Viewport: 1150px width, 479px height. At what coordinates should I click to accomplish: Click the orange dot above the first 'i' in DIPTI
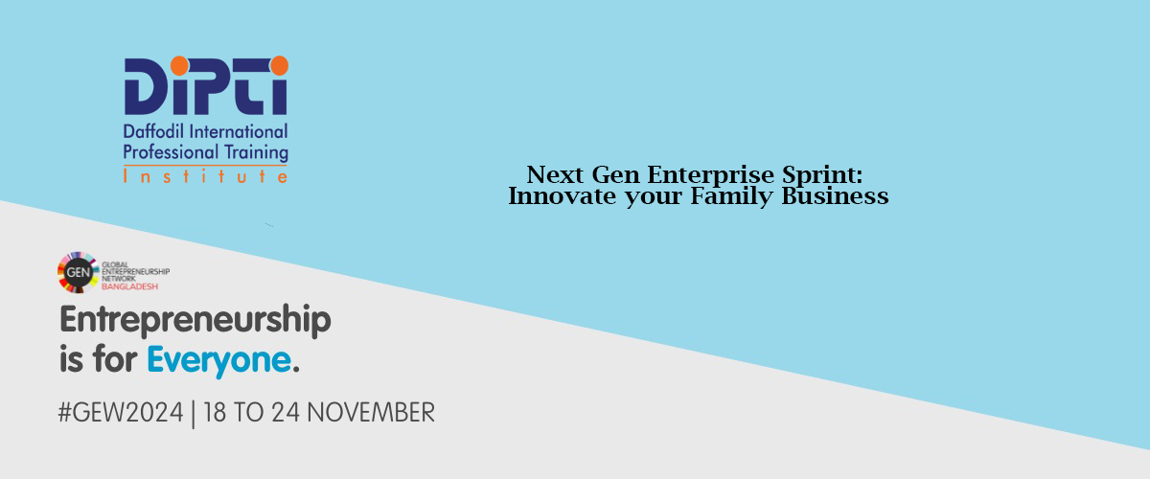(x=180, y=66)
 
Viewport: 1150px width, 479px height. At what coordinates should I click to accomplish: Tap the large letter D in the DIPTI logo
(x=145, y=86)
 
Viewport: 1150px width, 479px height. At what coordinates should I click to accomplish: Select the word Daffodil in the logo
(x=154, y=132)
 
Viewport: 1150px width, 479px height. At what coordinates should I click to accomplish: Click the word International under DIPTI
(x=239, y=132)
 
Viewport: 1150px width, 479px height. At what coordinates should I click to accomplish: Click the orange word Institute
(x=205, y=176)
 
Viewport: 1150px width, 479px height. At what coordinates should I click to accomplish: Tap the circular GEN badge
(x=78, y=272)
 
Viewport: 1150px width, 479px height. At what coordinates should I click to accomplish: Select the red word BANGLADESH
(x=130, y=286)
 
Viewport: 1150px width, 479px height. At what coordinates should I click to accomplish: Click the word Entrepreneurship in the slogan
(x=195, y=320)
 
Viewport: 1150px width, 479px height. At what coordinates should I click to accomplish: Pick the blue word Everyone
(x=219, y=360)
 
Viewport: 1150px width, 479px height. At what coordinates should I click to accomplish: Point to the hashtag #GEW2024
(x=121, y=412)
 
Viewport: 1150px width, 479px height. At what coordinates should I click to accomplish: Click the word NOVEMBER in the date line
(x=371, y=412)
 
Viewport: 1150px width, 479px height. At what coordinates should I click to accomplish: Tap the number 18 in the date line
(x=215, y=412)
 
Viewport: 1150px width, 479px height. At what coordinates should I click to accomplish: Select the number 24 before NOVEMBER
(x=286, y=412)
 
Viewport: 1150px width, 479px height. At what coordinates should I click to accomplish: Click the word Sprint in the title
(x=822, y=175)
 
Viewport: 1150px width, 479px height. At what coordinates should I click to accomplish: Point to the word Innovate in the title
(x=563, y=195)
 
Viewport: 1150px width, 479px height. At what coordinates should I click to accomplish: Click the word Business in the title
(x=835, y=195)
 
